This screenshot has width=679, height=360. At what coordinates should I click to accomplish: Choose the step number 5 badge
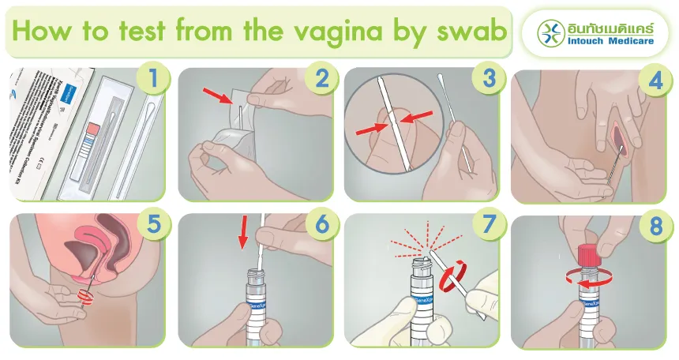pos(152,224)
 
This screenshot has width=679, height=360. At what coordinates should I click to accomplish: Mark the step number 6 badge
pos(321,224)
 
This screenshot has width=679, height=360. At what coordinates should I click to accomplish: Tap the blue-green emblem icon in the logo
pos(550,32)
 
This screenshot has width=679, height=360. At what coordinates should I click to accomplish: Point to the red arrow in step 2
pos(223,97)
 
